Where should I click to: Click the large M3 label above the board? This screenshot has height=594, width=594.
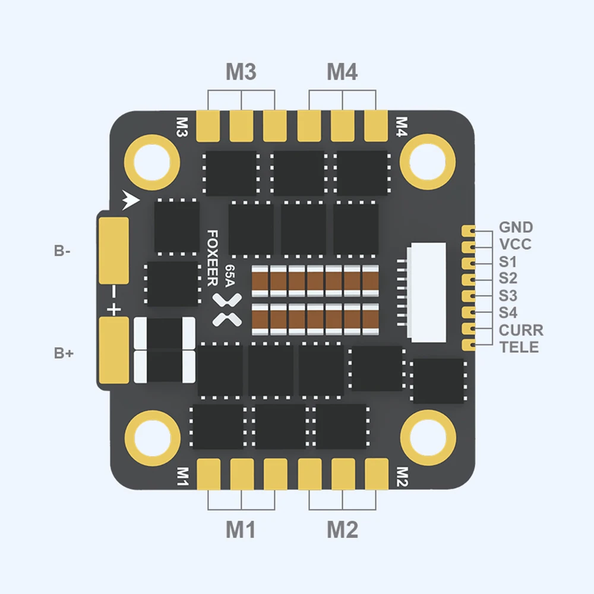coord(241,72)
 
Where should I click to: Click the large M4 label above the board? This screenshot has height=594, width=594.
coord(342,72)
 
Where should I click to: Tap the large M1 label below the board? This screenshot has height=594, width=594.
coord(241,529)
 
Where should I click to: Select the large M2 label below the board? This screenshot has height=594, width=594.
coord(342,529)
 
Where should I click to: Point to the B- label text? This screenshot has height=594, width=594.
coord(62,251)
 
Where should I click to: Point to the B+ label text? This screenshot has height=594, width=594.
coord(64,353)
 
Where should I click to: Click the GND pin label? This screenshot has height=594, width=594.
coord(516,228)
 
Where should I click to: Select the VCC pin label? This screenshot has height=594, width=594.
coord(515,245)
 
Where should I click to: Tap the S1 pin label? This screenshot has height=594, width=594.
coord(508,262)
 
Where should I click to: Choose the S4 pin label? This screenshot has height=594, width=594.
coord(508,313)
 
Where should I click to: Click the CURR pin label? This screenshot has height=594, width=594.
coord(521,330)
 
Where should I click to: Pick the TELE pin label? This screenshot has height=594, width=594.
coord(519,347)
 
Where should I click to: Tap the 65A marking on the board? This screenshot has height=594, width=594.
coord(229,277)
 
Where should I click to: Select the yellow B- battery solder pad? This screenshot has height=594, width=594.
coord(114,250)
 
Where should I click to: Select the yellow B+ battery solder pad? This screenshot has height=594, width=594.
coord(114,350)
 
